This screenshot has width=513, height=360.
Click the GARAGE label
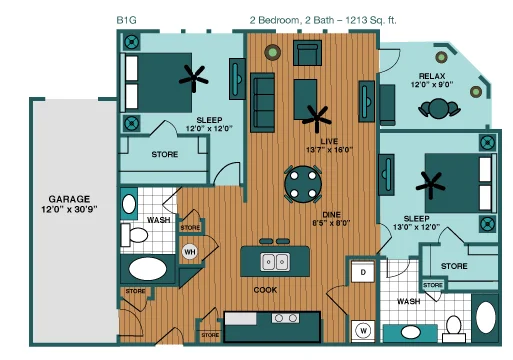click(x=69, y=199)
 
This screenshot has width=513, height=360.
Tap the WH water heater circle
click(x=190, y=252)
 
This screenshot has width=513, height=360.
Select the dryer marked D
click(x=363, y=272)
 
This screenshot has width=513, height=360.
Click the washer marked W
click(x=363, y=331)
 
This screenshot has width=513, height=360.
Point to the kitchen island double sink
click(x=275, y=262)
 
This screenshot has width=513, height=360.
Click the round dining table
click(x=303, y=184)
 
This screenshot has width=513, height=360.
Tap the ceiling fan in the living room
click(x=316, y=119)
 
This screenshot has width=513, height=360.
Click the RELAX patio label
click(x=432, y=76)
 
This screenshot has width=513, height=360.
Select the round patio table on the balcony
click(x=439, y=109)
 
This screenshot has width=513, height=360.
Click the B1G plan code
click(x=126, y=20)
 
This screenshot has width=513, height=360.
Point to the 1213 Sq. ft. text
click(x=371, y=20)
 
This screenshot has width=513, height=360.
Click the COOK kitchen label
click(x=265, y=290)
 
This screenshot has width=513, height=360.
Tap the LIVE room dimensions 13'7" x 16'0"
click(x=329, y=150)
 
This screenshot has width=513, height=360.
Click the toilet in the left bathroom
click(x=134, y=235)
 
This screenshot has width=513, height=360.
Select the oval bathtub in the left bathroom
click(x=148, y=269)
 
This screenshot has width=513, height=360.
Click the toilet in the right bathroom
click(x=454, y=328)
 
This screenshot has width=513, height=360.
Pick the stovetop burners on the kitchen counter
click(x=285, y=318)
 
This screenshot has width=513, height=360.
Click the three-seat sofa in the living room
click(x=263, y=103)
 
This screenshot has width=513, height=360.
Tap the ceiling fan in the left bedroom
click(x=194, y=78)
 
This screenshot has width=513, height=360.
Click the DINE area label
click(x=331, y=215)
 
